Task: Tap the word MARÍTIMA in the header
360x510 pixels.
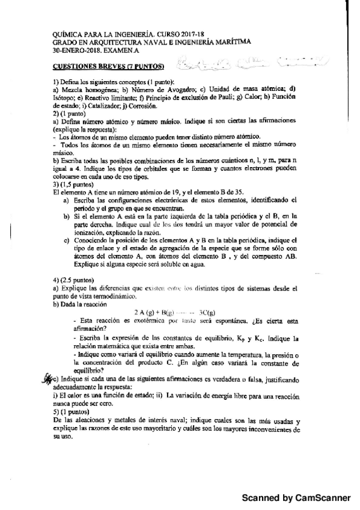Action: point(230,42)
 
